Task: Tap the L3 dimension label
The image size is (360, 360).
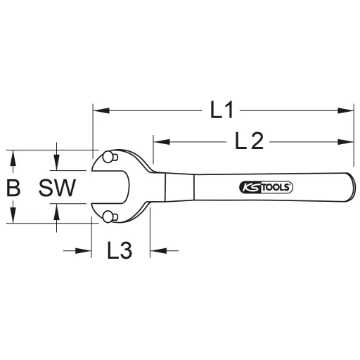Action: coord(120,250)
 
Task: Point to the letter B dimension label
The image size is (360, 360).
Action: coord(13,187)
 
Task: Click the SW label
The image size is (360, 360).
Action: coord(57,187)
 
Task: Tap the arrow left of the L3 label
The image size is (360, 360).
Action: coord(85,250)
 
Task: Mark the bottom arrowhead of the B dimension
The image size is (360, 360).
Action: coord(13,218)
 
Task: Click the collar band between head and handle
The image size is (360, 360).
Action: coord(179,187)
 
